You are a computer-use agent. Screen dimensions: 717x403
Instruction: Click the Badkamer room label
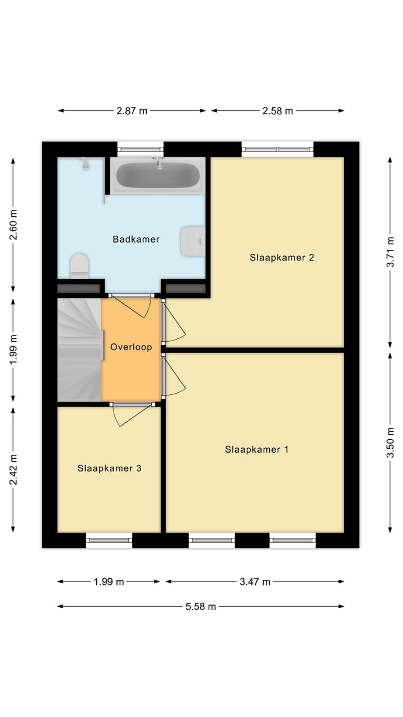coord(136,239)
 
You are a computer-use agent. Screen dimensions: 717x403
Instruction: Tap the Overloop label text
coord(131,347)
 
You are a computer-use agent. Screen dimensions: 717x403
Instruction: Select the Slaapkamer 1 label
coord(256,449)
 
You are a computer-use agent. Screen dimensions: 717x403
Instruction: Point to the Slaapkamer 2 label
coord(282,258)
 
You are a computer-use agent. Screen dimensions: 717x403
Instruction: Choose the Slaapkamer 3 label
coord(109,468)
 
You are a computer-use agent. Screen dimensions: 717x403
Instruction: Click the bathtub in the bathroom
coord(157,175)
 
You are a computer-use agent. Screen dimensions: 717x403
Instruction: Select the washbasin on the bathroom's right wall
coord(193,241)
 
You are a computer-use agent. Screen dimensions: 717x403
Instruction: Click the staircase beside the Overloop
coord(79,350)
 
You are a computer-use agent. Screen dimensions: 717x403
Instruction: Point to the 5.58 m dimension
coord(200,606)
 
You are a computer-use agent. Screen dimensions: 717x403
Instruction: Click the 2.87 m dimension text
coord(132,111)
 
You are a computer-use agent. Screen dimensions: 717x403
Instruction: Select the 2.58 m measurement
coord(278,111)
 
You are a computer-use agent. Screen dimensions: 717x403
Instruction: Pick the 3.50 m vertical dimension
coord(390,443)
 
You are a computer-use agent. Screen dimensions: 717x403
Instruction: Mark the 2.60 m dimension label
coord(14,225)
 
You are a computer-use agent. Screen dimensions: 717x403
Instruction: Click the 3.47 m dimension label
coord(255,582)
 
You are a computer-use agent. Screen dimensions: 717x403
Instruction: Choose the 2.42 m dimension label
coord(14,469)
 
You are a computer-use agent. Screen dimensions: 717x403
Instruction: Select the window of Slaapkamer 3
coord(109,540)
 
